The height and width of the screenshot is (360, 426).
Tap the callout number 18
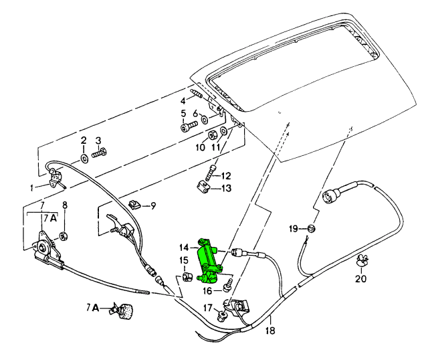point(270,331)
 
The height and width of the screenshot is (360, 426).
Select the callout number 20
point(361,279)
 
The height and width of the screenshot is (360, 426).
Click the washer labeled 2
point(84,159)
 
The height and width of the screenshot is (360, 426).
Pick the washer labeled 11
point(223,130)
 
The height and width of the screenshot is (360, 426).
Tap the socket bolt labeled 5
point(189,126)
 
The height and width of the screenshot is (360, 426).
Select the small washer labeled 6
point(205,119)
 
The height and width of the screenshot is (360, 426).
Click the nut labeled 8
point(64,236)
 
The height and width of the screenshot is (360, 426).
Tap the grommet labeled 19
point(312,228)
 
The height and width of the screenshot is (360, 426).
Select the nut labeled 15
point(186,277)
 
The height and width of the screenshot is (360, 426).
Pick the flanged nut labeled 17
point(222,316)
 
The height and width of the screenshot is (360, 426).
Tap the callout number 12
point(225,176)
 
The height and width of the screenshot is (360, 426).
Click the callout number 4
point(183,101)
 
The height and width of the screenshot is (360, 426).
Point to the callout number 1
point(32,188)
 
